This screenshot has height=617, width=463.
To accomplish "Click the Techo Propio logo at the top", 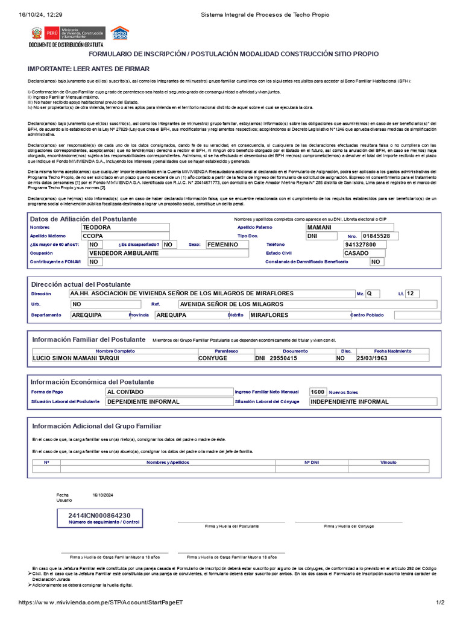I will (x=119, y=33).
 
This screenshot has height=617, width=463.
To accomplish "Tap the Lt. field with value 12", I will (x=411, y=293).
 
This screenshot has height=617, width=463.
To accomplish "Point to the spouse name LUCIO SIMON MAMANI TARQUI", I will (x=76, y=358).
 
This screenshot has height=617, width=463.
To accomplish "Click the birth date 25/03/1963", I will (x=373, y=358).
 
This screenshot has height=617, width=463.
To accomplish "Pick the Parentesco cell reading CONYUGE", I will (x=213, y=358).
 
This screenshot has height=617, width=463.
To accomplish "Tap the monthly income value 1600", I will (x=318, y=392).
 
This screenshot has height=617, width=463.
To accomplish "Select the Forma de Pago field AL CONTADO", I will (x=125, y=392).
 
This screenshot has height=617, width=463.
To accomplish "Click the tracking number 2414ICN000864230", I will (x=99, y=516).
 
